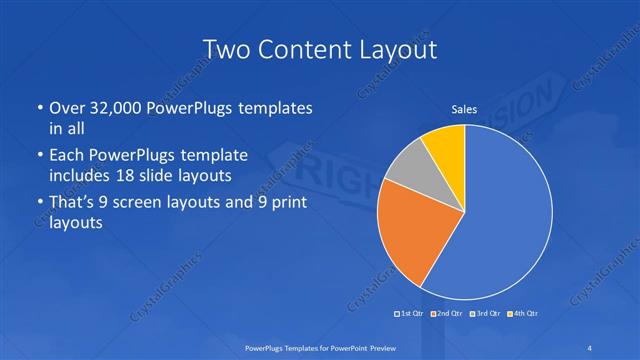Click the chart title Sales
(x=465, y=109)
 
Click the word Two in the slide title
(x=225, y=49)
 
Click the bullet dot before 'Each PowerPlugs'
(x=38, y=156)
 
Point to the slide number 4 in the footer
(x=592, y=346)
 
